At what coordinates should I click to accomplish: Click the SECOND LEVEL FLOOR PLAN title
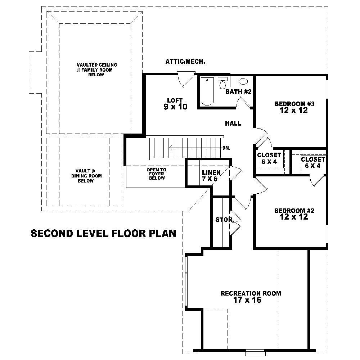coord(103,234)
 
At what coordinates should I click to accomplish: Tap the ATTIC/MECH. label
coord(185,62)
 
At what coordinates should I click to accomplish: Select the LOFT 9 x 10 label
coord(175,103)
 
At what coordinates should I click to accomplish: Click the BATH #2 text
coord(238,92)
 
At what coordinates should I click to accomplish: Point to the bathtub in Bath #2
coord(207,91)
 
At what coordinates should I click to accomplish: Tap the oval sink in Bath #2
coord(243,81)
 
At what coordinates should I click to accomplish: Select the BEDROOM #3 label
coord(294,107)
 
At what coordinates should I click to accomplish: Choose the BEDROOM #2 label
coord(294,214)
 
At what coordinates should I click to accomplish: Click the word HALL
coord(233,123)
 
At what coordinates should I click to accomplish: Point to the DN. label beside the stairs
coord(226,148)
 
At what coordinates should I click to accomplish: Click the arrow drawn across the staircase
coord(194,148)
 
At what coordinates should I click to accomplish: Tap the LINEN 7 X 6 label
coord(211,176)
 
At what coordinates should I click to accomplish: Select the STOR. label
coord(225,219)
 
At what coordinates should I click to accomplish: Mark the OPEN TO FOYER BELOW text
coord(156,174)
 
